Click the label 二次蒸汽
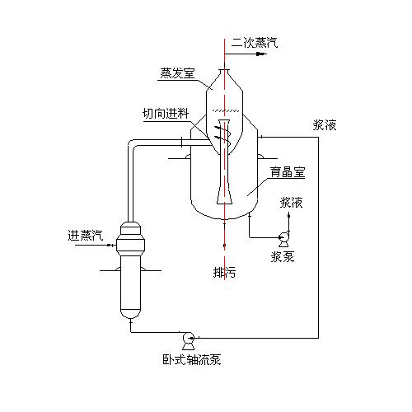(254, 42)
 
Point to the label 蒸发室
(177, 73)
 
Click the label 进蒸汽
(86, 235)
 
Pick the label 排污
(224, 273)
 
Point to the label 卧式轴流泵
(191, 359)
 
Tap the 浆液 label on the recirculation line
(325, 126)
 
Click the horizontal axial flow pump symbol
(188, 336)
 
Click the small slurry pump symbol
(283, 236)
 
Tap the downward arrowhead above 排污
(224, 254)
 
